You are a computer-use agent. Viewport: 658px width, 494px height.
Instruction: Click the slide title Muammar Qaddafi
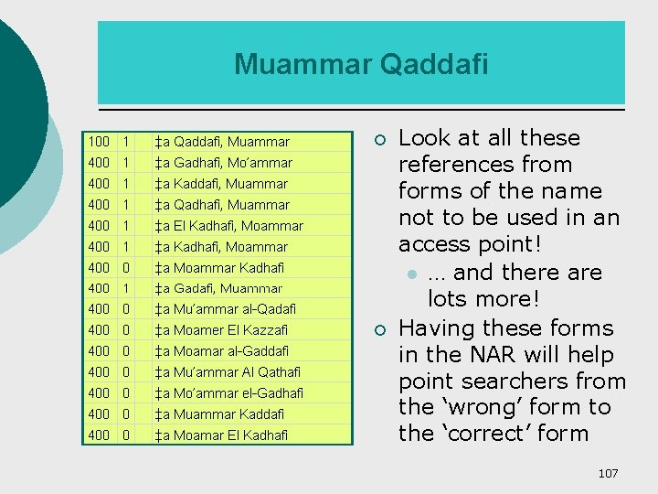tap(361, 64)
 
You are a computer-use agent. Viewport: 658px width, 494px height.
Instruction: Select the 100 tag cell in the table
tap(99, 142)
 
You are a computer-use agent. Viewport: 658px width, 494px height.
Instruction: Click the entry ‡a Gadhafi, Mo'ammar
tap(224, 163)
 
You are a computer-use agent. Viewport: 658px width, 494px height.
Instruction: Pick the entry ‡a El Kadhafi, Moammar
tap(228, 226)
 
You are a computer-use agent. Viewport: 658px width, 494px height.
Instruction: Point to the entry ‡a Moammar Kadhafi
tap(219, 268)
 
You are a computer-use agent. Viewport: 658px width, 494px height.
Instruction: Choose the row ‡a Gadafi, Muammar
tap(218, 288)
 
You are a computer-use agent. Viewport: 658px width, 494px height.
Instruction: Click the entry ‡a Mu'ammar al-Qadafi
tap(225, 309)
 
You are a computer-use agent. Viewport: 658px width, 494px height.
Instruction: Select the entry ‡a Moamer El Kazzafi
tap(221, 330)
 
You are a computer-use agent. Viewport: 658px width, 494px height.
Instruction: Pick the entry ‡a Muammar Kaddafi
tap(219, 414)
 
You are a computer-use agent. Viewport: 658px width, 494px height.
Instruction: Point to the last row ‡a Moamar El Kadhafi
tap(221, 435)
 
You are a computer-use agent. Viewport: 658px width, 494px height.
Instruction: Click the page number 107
tap(608, 473)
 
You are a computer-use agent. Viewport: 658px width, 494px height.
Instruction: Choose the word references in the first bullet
tap(484, 166)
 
